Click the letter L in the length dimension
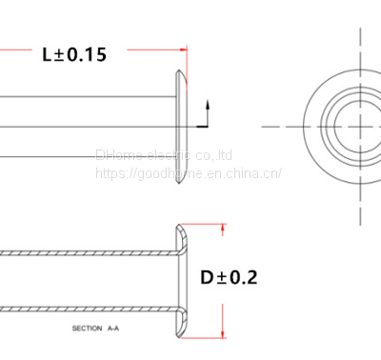48,54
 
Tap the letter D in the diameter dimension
208,278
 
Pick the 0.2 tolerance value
243,278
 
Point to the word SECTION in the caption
89,328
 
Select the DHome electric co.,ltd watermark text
164,154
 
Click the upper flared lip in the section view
181,238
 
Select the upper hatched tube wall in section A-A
86,253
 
